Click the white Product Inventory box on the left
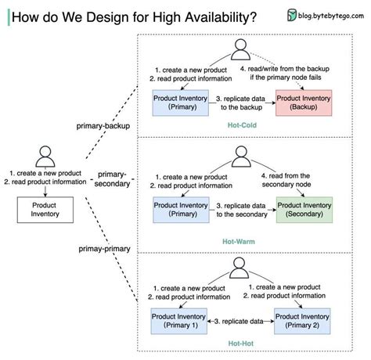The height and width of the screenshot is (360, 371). click(43, 209)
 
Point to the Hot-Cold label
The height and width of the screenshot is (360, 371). click(244, 125)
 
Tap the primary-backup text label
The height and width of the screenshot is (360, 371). click(103, 126)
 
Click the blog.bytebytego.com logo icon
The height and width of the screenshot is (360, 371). click(291, 15)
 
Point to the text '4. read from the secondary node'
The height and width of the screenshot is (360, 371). click(299, 181)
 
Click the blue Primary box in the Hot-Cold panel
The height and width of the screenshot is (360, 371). click(179, 102)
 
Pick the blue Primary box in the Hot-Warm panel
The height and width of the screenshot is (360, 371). click(179, 209)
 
